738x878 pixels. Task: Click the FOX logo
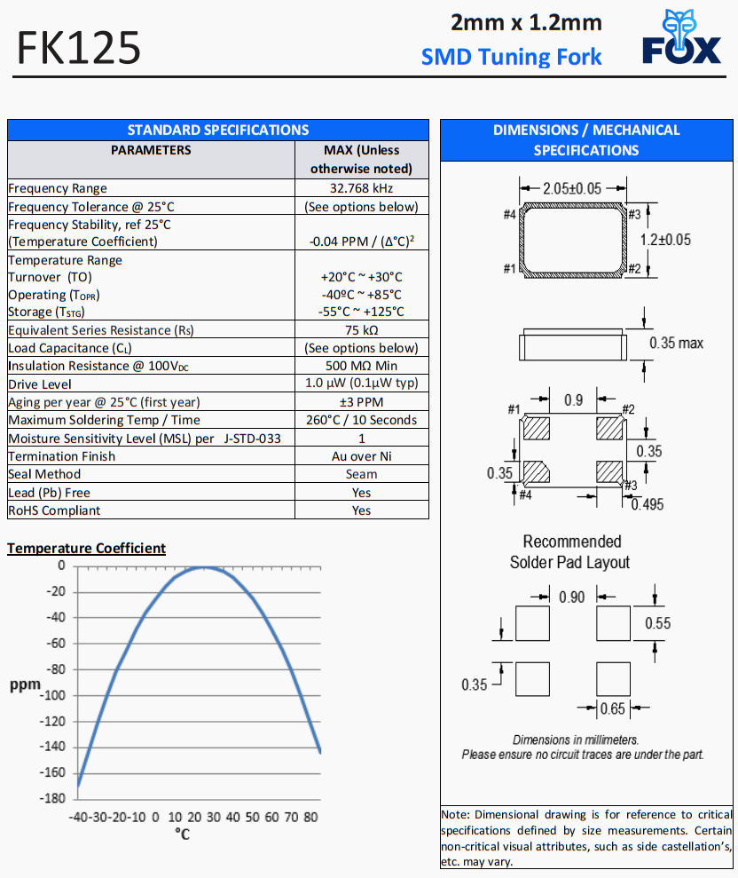click(681, 40)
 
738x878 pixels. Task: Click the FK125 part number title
click(79, 48)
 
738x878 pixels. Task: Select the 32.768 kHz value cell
click(361, 188)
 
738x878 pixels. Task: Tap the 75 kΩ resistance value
click(361, 330)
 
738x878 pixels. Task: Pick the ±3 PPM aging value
click(361, 402)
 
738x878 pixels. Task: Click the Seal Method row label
click(44, 474)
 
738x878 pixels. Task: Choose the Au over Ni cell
click(361, 456)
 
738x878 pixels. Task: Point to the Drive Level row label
click(40, 384)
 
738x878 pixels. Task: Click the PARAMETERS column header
click(151, 150)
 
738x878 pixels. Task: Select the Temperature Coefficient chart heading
click(86, 548)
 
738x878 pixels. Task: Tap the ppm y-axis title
click(25, 685)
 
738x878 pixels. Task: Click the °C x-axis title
click(182, 834)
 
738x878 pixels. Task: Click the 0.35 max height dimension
click(676, 343)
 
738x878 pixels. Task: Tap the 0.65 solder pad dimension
click(613, 708)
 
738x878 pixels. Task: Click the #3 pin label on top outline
click(634, 213)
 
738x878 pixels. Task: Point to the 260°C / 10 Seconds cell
click(361, 420)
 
